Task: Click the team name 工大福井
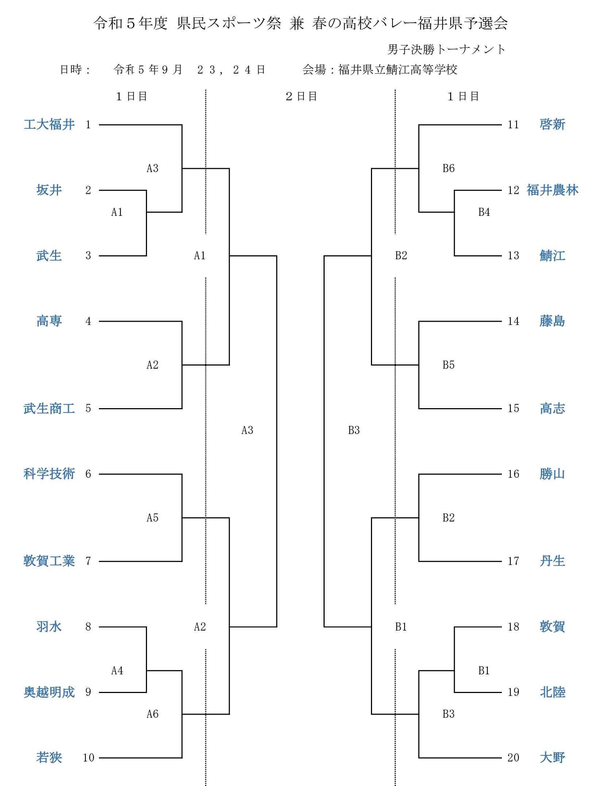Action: click(49, 124)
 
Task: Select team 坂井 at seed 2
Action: click(49, 190)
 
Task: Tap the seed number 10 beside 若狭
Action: click(89, 758)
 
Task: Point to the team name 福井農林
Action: click(553, 190)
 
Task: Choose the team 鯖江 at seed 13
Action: click(553, 255)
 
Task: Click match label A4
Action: click(117, 670)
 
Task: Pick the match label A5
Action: click(152, 518)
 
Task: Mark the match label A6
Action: click(152, 714)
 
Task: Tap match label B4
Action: click(484, 212)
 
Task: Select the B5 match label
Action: click(449, 365)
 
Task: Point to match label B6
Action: click(449, 168)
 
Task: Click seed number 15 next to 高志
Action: click(513, 408)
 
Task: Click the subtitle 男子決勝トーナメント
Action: click(446, 49)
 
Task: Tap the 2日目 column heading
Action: click(301, 96)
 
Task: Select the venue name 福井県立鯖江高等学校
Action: click(398, 69)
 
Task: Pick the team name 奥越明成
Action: click(49, 692)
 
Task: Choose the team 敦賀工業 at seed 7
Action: click(49, 561)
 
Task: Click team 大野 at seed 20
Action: click(553, 758)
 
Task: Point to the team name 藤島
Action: click(553, 321)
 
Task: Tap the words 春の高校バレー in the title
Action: click(365, 23)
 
